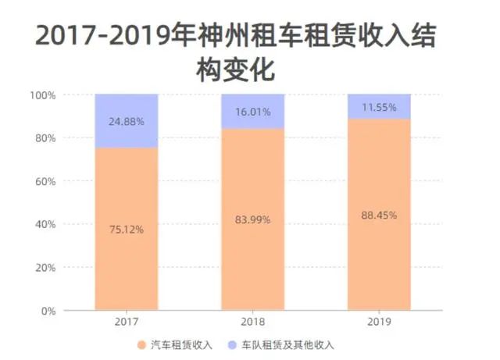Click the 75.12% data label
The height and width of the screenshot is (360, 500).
click(x=126, y=230)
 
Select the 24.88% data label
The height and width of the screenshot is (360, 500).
click(x=126, y=121)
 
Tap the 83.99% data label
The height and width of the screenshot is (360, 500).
click(x=252, y=219)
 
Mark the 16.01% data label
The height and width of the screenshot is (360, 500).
click(x=252, y=112)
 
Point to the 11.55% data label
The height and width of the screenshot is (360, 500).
click(x=379, y=106)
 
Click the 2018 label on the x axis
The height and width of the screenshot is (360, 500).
click(x=252, y=322)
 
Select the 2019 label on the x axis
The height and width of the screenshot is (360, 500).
click(x=379, y=322)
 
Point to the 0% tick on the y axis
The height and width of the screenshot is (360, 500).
click(x=48, y=311)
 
